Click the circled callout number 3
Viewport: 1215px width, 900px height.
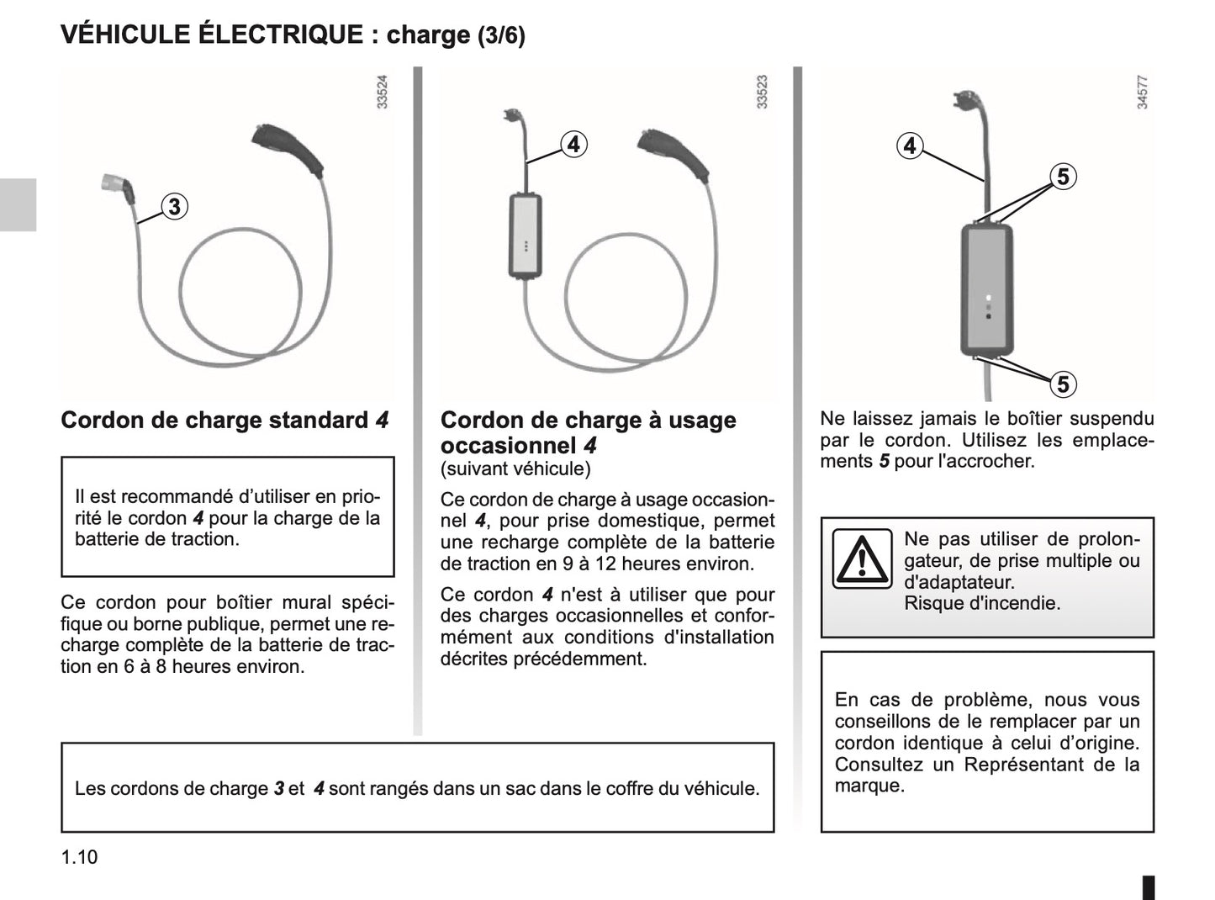click(x=174, y=207)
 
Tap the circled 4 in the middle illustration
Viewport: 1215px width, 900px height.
click(x=573, y=145)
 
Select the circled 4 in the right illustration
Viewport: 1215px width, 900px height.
click(x=910, y=146)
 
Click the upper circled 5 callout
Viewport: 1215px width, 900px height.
click(x=1063, y=177)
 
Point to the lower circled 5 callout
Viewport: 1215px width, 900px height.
click(x=1063, y=384)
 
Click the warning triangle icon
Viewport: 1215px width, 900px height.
click(x=862, y=559)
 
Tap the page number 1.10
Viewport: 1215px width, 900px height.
click(x=79, y=857)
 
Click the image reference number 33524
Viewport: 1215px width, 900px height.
click(x=383, y=92)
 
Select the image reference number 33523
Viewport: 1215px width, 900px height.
click(x=763, y=92)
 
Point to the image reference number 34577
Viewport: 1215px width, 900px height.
click(x=1142, y=92)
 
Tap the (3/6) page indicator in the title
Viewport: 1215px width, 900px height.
click(x=501, y=36)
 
